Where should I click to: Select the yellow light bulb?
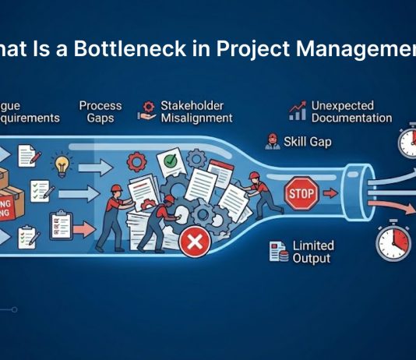click(x=62, y=165)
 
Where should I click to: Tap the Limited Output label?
click(x=312, y=252)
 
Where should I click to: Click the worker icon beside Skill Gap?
click(x=272, y=141)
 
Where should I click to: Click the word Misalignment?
click(x=196, y=118)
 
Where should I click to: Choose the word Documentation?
click(x=351, y=118)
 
